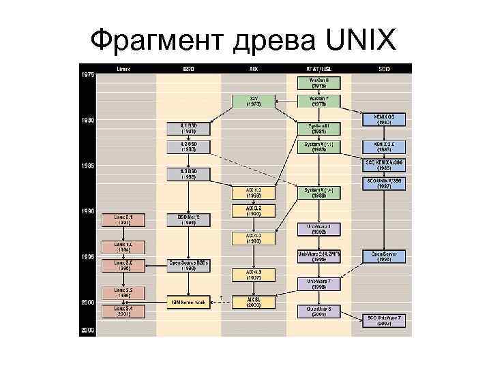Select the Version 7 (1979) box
[318, 102]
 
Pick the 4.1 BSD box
[188, 127]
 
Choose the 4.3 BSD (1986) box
[188, 172]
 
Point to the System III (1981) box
[318, 127]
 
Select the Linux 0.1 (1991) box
[122, 219]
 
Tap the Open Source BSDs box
[188, 264]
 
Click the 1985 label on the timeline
[88, 166]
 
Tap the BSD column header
[188, 69]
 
